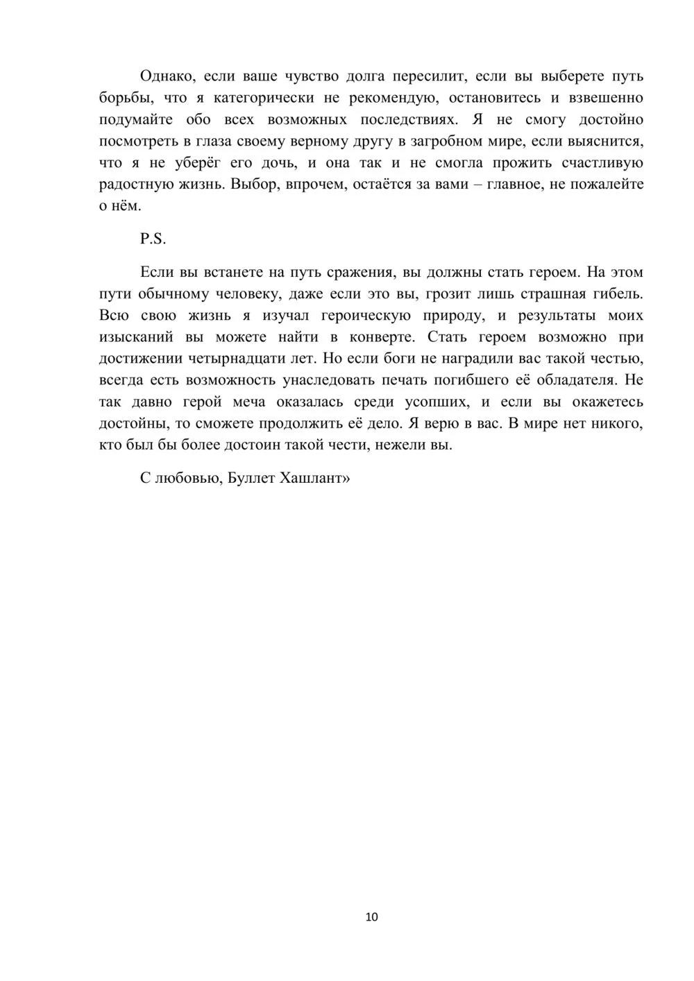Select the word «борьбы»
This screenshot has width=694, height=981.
coord(124,98)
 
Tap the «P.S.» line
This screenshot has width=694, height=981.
coord(153,239)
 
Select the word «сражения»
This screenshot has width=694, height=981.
coord(362,271)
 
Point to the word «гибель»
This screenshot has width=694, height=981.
coord(617,293)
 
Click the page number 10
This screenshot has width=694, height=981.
coord(371,917)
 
